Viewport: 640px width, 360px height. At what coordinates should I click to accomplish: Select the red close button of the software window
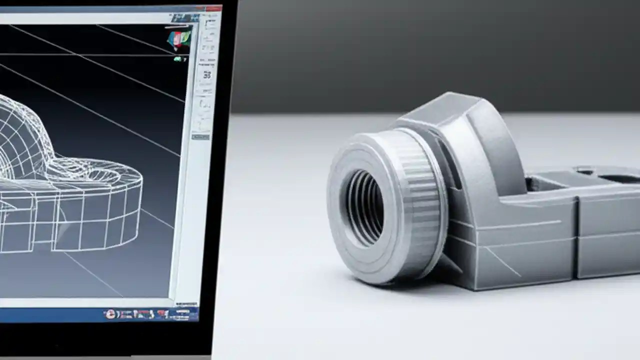point(213,8)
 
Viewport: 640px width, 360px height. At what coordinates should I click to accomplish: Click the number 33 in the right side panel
point(206,75)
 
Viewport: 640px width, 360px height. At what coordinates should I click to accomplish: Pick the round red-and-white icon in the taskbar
point(110,314)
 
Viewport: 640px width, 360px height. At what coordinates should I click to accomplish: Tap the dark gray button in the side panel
point(200,136)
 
